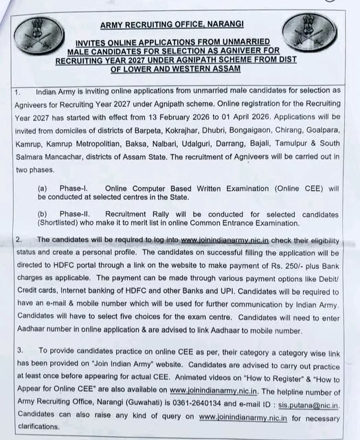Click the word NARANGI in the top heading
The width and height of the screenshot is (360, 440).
[223, 25]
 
